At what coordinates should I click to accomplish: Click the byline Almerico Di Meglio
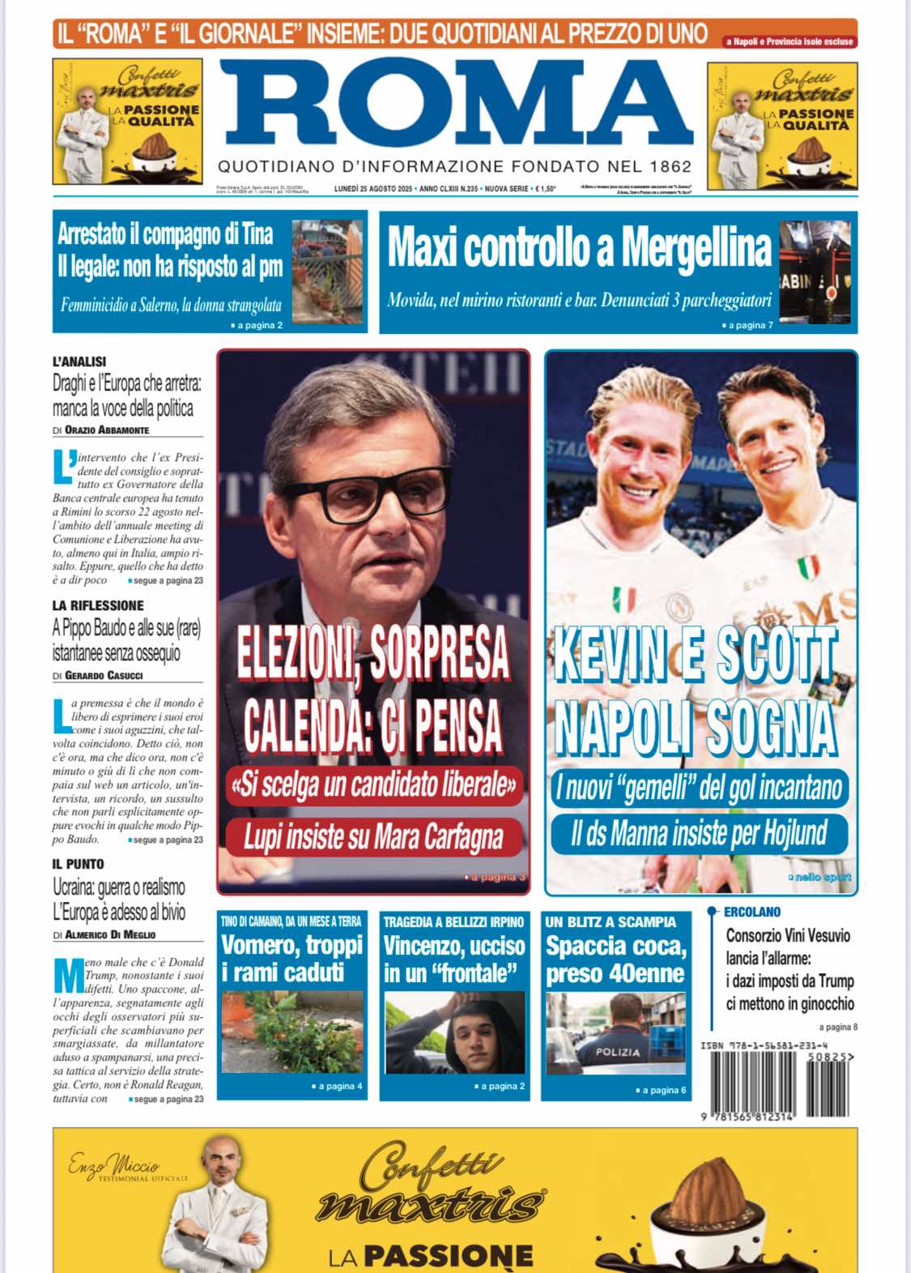click(110, 935)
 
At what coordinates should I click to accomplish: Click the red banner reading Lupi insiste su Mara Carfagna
click(373, 837)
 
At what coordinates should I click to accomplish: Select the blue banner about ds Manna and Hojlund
click(699, 834)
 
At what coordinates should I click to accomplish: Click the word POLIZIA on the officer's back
click(618, 1052)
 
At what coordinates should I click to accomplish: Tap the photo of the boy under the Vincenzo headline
click(453, 1035)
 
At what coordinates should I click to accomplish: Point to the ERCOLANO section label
click(752, 912)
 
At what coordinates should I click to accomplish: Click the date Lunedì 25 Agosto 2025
click(373, 189)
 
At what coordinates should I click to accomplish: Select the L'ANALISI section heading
click(79, 361)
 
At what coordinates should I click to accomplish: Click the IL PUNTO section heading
click(79, 865)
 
